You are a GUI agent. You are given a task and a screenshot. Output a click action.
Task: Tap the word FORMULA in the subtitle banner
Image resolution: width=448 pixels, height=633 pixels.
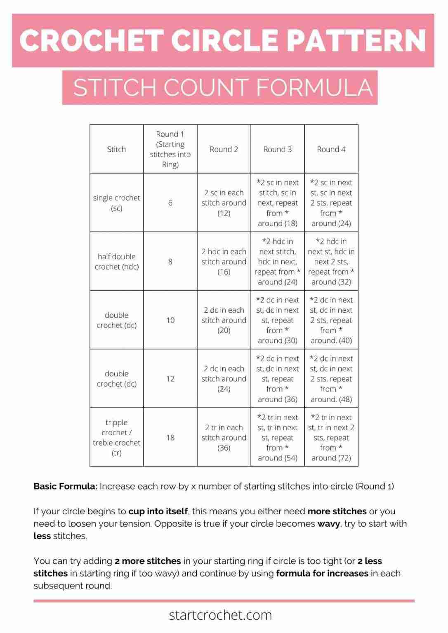pos(314,88)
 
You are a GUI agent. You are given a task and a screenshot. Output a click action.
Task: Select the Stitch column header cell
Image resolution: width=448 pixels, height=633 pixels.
pos(116,149)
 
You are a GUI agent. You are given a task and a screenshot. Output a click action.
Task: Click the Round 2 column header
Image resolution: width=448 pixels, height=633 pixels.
pos(224,149)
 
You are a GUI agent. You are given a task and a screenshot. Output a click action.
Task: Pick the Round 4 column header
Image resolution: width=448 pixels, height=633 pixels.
pos(331,149)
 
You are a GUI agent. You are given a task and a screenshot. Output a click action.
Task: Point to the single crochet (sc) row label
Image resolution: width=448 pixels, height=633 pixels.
pos(116,203)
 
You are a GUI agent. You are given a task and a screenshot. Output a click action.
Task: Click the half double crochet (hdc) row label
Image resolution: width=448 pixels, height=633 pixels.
pos(116,261)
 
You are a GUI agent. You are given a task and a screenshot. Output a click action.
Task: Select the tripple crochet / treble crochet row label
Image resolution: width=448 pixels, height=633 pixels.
pos(116,437)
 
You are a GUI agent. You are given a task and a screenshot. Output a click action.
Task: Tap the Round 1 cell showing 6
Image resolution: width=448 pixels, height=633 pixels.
pos(170,203)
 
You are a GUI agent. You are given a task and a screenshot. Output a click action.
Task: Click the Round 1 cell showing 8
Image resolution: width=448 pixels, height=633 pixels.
pos(170,261)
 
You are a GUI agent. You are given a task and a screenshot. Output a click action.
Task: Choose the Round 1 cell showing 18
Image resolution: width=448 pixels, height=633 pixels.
pos(170,437)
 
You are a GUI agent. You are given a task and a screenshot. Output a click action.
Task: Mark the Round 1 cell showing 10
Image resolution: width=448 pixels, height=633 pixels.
pos(170,320)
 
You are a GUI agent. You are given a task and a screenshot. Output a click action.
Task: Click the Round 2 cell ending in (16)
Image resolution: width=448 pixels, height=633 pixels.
pos(224,261)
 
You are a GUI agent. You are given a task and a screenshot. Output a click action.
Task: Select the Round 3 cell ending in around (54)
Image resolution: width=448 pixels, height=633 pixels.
pos(277,437)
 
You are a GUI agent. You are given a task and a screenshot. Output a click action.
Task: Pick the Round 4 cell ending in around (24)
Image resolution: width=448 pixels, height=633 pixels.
pos(331,203)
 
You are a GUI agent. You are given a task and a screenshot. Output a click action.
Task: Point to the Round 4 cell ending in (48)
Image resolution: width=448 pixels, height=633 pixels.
pos(331,379)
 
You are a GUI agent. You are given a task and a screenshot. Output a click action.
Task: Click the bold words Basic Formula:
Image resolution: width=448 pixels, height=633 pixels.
pos(65,486)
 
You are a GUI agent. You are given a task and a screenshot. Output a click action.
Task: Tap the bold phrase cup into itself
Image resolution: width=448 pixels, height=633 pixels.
pos(158,511)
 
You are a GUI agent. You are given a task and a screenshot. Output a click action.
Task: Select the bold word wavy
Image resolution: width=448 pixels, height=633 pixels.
pos(328,524)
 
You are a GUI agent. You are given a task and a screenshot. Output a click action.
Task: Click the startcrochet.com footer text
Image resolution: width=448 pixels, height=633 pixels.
pos(220,615)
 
